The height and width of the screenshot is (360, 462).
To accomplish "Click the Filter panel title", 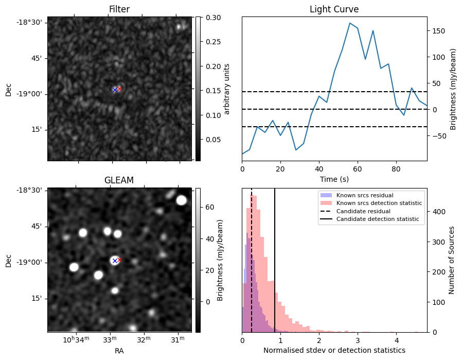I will (119, 9).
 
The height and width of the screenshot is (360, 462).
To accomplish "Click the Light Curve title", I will (334, 9).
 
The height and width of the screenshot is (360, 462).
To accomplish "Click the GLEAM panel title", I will (119, 180).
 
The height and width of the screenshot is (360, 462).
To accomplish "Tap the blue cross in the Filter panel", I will (115, 90).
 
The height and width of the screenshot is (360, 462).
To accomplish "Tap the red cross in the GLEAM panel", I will (119, 260).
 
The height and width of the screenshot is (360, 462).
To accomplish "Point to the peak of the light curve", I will (350, 23).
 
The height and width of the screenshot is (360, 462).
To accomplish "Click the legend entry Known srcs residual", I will (364, 196).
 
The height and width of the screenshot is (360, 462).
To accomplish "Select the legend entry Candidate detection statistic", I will (378, 219).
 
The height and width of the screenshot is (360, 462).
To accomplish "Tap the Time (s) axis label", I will (334, 179).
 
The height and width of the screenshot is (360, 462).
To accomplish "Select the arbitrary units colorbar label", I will (227, 89).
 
